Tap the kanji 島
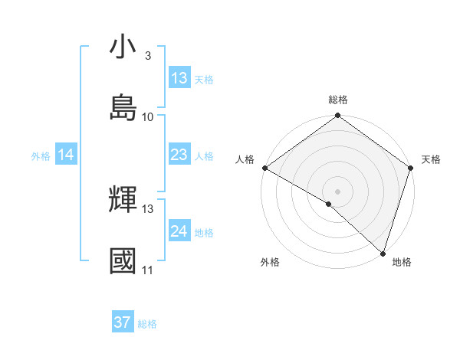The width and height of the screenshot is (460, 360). pos(123,106)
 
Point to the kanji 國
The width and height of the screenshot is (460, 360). pos(123,260)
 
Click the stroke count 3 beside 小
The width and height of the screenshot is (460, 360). pos(147,56)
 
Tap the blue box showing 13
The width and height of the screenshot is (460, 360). pos(179,78)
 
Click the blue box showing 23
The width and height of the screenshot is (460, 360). pos(179,155)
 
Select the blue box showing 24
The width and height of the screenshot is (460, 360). pos(179,231)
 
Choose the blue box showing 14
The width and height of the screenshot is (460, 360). pos(66,155)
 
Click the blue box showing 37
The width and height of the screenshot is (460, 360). pos(123,322)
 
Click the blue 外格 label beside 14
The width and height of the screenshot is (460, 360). pos(41,156)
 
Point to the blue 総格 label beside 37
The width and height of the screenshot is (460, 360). pos(147,324)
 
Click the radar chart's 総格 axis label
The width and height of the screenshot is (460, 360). pos(338,100)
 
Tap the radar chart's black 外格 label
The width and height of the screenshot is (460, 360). pos(270,263)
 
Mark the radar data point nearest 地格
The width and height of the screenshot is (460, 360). pos(383,254)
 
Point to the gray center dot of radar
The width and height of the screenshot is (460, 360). pos(337,191)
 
